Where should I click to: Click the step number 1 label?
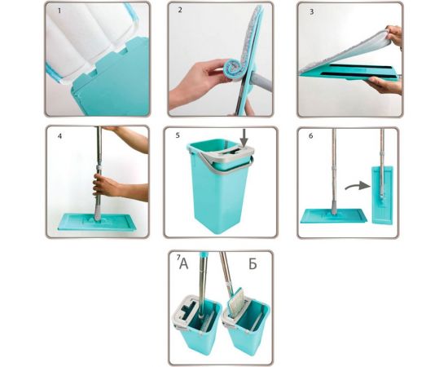59,11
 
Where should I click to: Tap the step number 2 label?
180,10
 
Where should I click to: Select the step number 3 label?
312,11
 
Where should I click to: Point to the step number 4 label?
59,136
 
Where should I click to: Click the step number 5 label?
178,135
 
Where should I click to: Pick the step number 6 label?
311,136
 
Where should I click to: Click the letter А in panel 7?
184,264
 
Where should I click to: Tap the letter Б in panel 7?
253,264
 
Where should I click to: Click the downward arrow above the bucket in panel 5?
244,138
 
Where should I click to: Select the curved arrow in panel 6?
357,185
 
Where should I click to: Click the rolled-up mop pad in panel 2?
233,70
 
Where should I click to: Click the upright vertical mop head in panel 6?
382,195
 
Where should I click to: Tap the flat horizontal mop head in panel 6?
334,215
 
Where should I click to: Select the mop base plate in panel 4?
97,223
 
